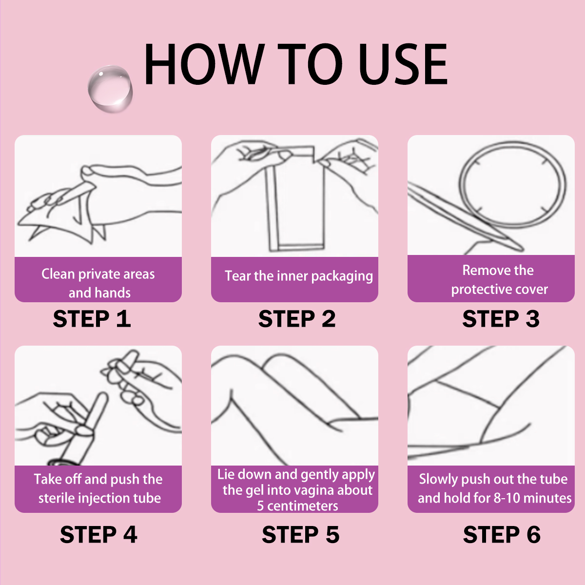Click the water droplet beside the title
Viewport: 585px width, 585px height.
(110, 89)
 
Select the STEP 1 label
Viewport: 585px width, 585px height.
(92, 319)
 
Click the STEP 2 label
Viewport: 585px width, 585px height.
(297, 319)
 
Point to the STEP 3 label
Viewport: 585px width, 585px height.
(501, 319)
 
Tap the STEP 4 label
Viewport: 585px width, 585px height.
(98, 535)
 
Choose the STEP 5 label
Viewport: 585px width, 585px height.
(301, 535)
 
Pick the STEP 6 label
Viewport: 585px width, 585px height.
(502, 535)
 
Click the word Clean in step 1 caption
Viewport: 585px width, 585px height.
(58, 274)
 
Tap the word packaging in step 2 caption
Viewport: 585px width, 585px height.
(342, 276)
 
